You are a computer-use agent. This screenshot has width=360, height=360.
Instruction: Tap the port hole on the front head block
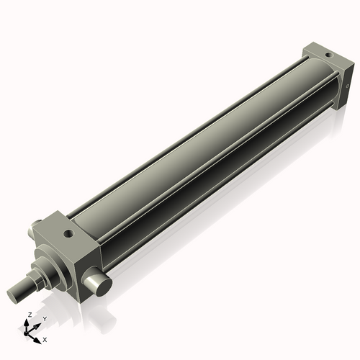[68, 233]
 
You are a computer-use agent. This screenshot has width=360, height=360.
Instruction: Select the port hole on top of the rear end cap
[328, 54]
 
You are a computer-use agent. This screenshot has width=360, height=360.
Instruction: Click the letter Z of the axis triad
[28, 315]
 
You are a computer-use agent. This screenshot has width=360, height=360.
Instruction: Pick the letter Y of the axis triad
[44, 319]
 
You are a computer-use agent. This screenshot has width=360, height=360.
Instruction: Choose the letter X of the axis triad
[45, 338]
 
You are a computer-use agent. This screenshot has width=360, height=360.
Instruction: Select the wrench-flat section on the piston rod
[32, 282]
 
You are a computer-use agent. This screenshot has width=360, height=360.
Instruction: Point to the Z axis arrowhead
[28, 322]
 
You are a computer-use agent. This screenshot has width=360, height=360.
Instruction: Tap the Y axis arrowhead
[37, 324]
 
